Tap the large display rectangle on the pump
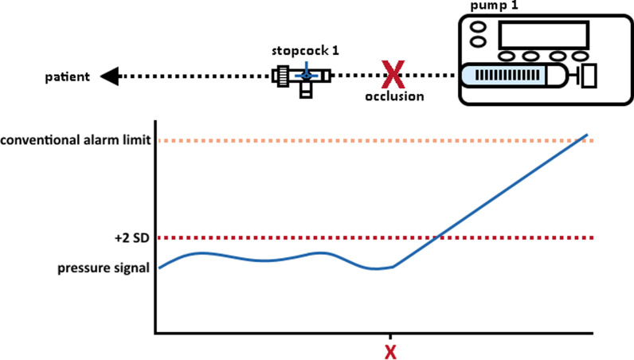(x=543, y=36)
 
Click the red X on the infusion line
(x=391, y=76)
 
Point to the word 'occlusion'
(x=391, y=96)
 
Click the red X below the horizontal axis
(x=390, y=350)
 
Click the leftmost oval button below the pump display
(x=509, y=57)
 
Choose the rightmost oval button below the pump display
(x=585, y=57)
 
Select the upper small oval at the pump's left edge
(x=478, y=25)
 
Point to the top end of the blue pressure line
(x=588, y=135)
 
